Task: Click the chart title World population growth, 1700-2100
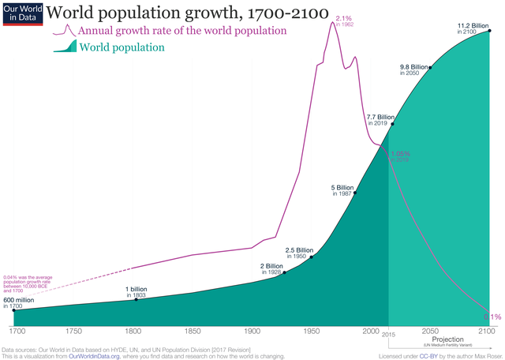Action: click(186, 13)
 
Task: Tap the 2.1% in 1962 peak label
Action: click(343, 21)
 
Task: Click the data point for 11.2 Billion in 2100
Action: click(490, 31)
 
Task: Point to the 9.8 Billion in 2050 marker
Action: click(430, 67)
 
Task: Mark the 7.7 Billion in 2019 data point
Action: click(392, 124)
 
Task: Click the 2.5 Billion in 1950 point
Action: click(312, 257)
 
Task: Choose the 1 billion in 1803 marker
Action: click(137, 299)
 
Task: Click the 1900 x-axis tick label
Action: click(252, 332)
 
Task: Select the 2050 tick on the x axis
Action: click(430, 332)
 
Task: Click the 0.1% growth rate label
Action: click(491, 316)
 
